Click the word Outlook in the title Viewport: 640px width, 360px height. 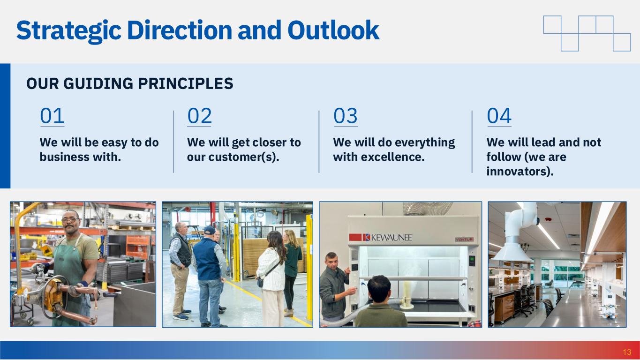click(333, 30)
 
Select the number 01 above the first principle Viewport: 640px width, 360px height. click(53, 116)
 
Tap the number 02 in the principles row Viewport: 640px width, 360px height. click(199, 116)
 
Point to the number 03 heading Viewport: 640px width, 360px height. click(346, 116)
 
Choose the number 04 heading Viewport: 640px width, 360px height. click(499, 116)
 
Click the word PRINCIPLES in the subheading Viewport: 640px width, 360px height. click(185, 83)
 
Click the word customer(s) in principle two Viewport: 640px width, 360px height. click(244, 157)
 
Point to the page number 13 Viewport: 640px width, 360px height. click(627, 352)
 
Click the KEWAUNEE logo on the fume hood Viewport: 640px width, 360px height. click(380, 238)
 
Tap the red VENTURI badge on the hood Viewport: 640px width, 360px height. click(464, 240)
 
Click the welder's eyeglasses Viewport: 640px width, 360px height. click(70, 220)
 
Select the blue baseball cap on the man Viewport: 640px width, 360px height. click(210, 230)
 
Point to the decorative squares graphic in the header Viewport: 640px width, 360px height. click(587, 33)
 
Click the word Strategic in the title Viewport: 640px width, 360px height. click(69, 31)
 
